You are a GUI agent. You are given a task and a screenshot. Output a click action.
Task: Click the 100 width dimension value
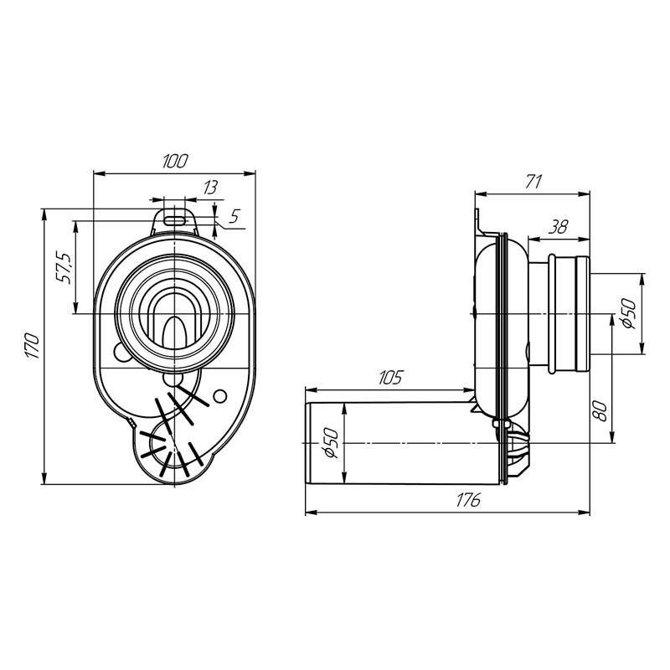[x=175, y=161]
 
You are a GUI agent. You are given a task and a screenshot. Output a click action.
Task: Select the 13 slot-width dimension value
[x=210, y=188]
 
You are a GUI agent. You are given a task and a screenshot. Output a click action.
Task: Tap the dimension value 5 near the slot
[x=234, y=216]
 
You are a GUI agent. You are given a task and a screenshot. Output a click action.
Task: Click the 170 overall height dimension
[x=33, y=346]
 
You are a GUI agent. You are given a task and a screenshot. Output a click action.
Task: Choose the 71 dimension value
[x=533, y=182]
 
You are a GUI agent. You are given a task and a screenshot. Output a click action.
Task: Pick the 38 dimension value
[x=558, y=227]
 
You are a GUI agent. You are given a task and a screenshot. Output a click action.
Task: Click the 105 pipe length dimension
[x=390, y=378]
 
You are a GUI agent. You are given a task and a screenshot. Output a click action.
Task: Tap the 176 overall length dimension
[x=468, y=500]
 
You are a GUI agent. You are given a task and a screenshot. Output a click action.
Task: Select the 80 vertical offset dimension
[x=600, y=411]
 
